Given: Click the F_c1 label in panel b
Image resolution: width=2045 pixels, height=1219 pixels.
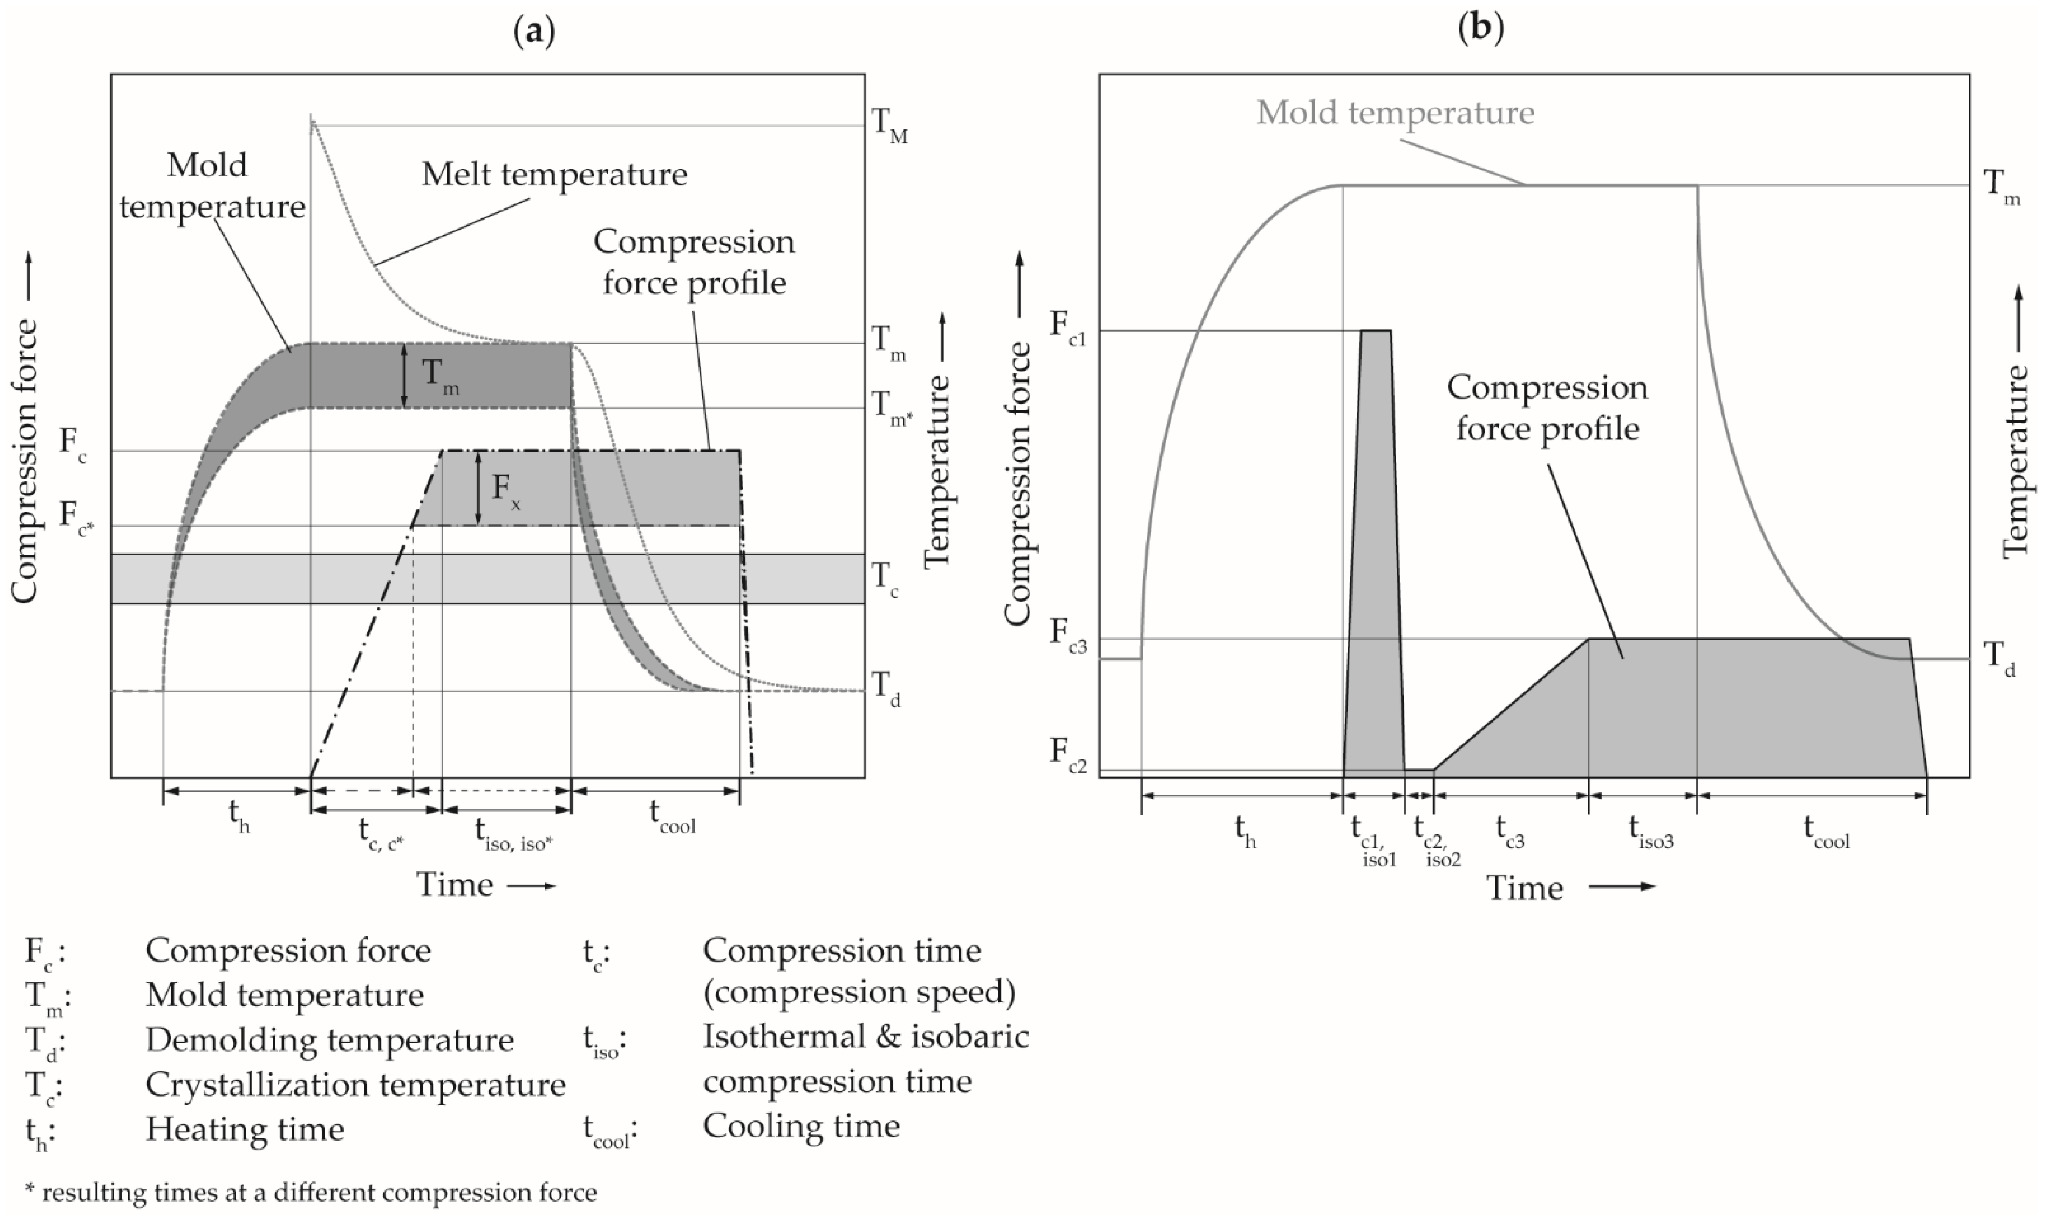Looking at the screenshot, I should coord(1068,326).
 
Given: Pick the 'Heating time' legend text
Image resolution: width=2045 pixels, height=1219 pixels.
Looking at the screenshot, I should coord(245,1130).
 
